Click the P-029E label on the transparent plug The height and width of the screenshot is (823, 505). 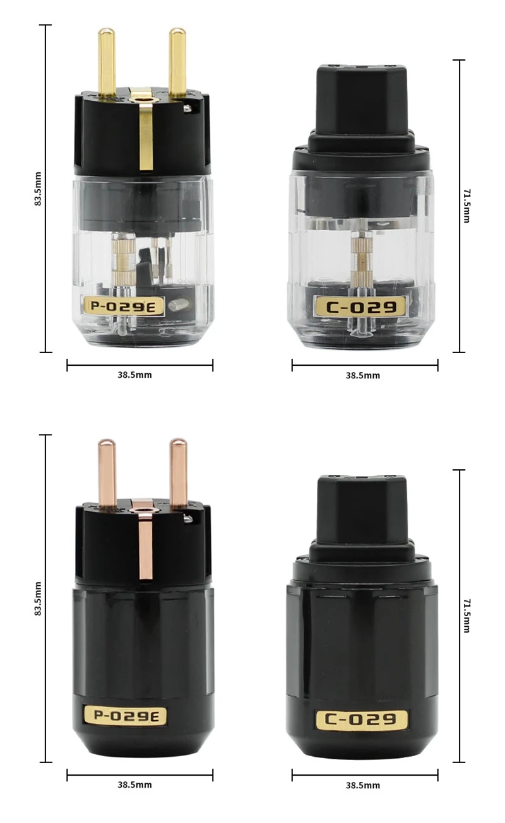point(124,306)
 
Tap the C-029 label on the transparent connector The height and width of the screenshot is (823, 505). point(361,306)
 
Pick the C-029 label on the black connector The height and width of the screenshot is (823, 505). point(361,719)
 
